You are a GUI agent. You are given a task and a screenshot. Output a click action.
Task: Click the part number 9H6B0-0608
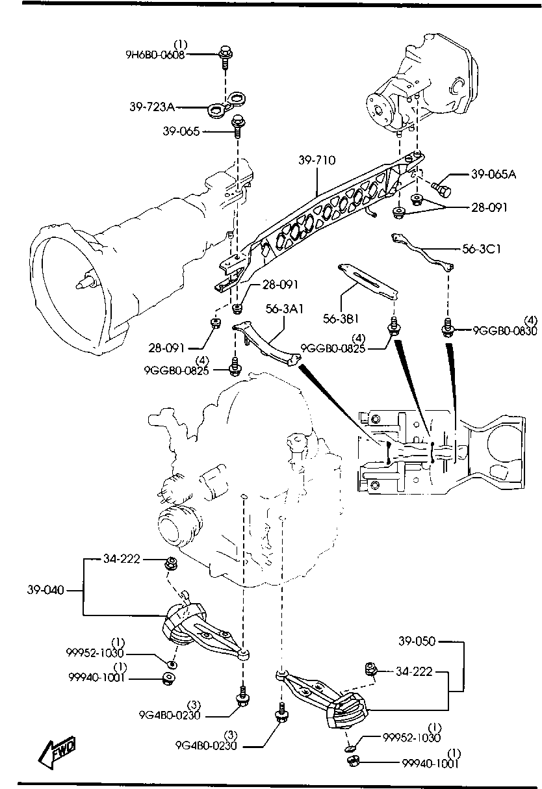[155, 55]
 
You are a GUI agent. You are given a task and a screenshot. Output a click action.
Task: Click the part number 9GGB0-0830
[505, 331]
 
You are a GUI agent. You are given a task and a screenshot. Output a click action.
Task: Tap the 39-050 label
[418, 641]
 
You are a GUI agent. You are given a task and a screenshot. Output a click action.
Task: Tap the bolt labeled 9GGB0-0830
[447, 328]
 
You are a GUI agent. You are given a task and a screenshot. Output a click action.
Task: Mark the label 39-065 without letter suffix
[182, 131]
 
